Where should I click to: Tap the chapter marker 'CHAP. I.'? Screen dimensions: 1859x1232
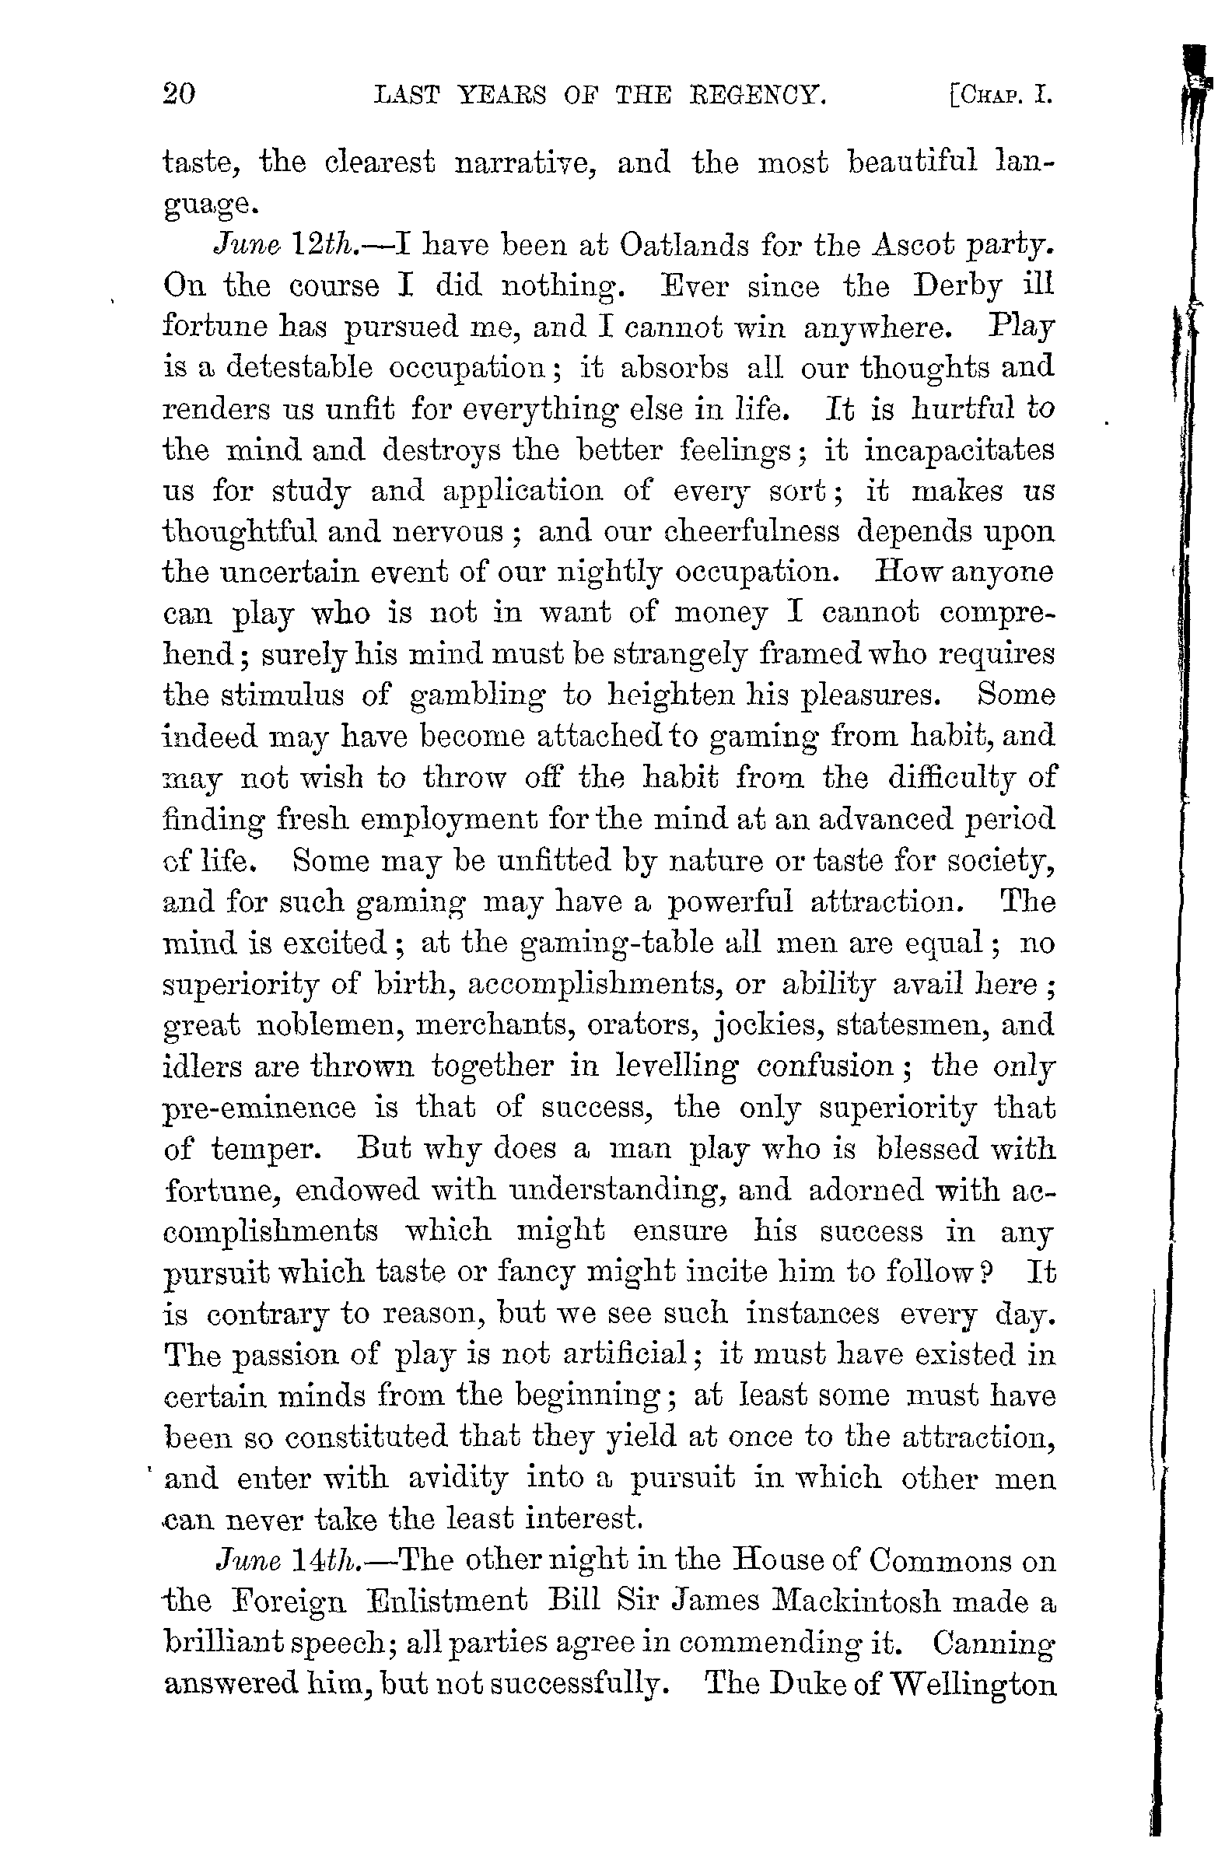pyautogui.click(x=1000, y=96)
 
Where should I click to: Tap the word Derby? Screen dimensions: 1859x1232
pyautogui.click(x=957, y=286)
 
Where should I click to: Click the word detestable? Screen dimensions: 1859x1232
pyautogui.click(x=299, y=368)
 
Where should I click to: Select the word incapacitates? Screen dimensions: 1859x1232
pyautogui.click(x=958, y=450)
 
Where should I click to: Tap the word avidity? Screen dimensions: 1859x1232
pyautogui.click(x=457, y=1478)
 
